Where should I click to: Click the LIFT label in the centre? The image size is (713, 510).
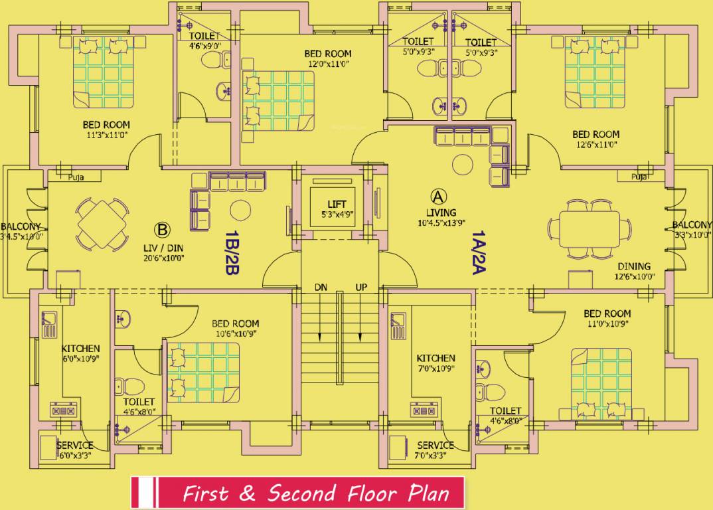point(337,204)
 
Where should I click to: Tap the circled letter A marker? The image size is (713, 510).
point(437,196)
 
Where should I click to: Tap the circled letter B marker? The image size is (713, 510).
point(162,230)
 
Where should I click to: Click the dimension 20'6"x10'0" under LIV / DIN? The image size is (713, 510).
point(163,258)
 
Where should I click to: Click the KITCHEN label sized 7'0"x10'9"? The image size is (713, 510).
point(436,358)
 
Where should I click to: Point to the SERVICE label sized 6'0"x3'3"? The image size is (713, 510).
point(74,445)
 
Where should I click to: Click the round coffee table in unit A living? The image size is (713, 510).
point(461,163)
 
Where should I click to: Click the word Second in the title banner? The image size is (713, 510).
point(302,493)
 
